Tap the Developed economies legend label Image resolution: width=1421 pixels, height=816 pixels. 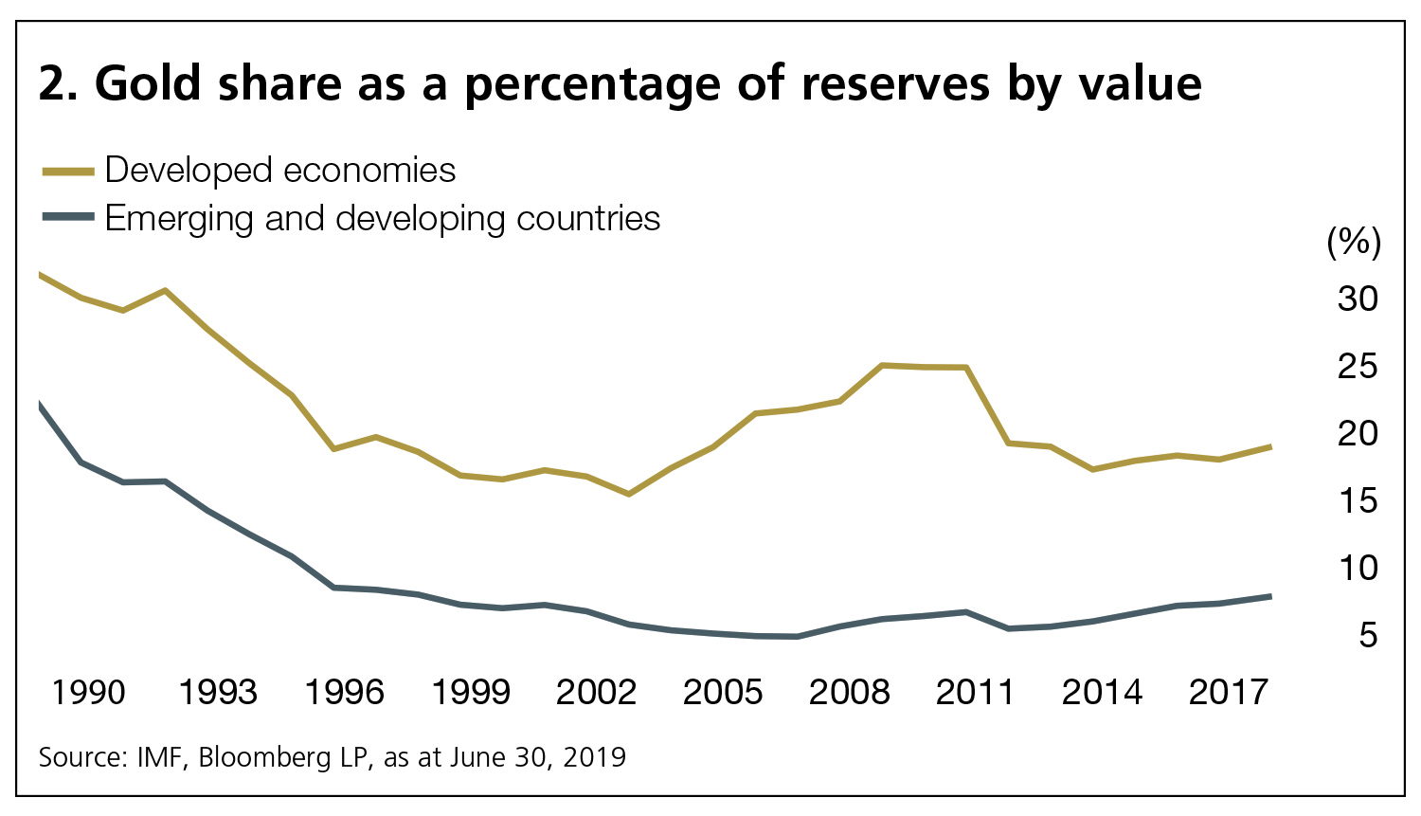click(x=280, y=171)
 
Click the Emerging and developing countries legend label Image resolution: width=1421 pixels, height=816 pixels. click(x=383, y=219)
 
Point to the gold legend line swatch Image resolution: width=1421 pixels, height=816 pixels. click(x=68, y=172)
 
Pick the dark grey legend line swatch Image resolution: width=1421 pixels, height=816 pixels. click(x=68, y=217)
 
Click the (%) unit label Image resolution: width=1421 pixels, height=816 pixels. click(x=1354, y=243)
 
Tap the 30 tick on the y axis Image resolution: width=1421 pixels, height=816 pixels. click(x=1357, y=299)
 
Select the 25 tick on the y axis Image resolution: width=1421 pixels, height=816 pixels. click(x=1357, y=367)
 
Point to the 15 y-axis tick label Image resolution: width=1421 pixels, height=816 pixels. click(x=1357, y=501)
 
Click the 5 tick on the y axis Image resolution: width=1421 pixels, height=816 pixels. click(x=1367, y=636)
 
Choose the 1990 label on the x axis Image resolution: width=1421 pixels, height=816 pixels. click(x=88, y=693)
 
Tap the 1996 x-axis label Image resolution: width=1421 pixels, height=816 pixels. click(x=344, y=693)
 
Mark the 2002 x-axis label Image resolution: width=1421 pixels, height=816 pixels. click(x=596, y=693)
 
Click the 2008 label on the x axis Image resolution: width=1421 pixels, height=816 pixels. click(x=849, y=693)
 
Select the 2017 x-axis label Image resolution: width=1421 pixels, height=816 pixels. click(x=1228, y=693)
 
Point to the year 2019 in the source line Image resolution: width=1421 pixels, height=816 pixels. click(x=594, y=758)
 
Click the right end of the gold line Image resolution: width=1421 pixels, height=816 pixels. click(x=1269, y=446)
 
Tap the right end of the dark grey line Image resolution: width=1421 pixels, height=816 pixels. click(x=1269, y=596)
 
